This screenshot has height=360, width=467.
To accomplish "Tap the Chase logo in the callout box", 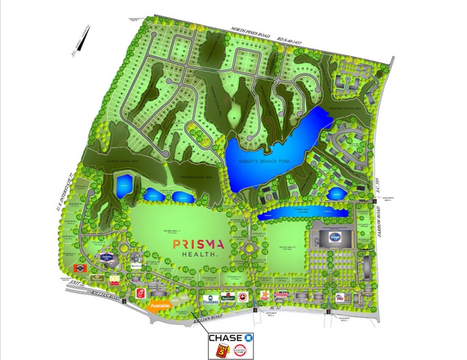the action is [x=232, y=338].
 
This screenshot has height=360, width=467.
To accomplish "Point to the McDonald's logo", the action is [x=114, y=280].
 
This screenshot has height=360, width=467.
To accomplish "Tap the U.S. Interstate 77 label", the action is [x=63, y=190].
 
